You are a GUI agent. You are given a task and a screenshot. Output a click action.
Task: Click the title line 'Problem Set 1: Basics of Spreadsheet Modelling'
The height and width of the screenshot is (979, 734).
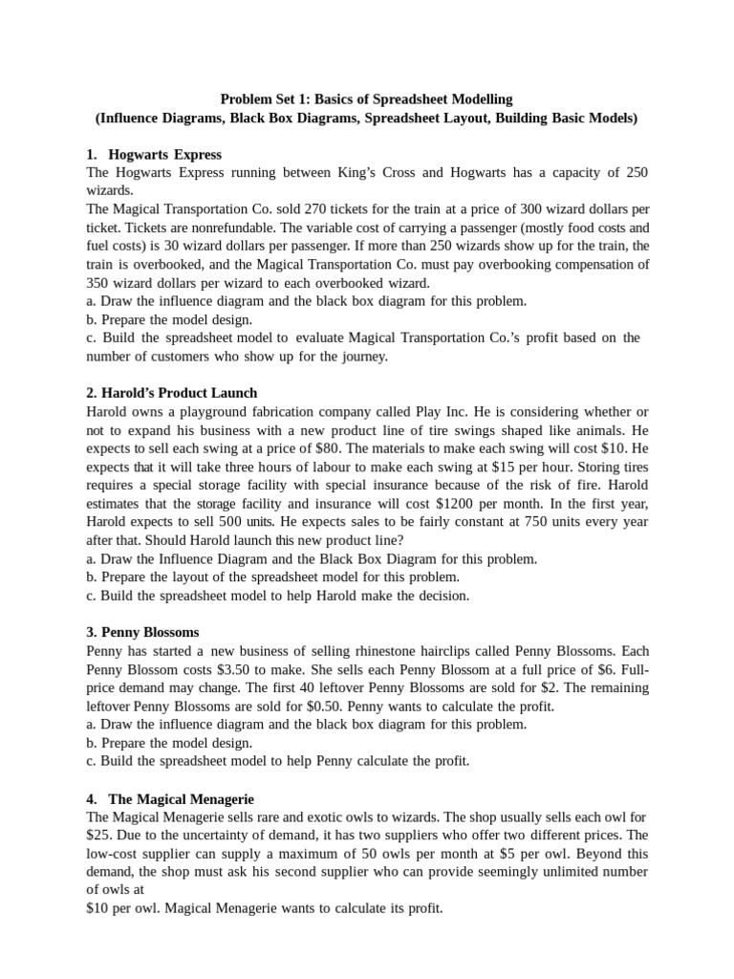click(x=367, y=99)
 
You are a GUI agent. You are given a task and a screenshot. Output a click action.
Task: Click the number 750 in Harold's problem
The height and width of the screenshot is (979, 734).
click(x=526, y=522)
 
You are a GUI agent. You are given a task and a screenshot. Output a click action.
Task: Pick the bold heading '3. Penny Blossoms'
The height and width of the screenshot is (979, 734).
click(x=142, y=632)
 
